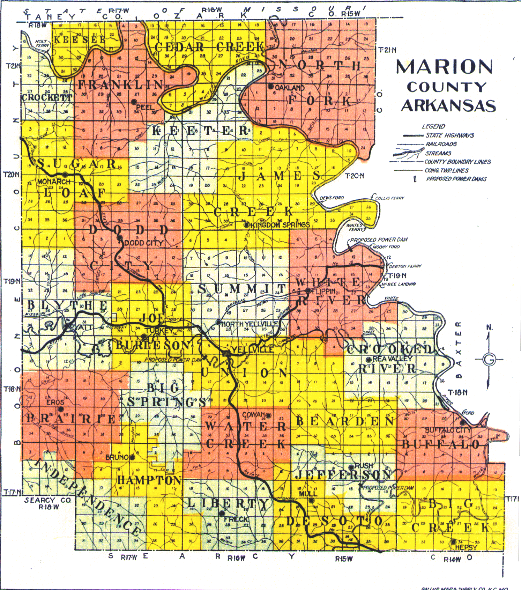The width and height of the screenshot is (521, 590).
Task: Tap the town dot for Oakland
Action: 270,86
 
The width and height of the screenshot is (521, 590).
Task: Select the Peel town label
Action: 144,107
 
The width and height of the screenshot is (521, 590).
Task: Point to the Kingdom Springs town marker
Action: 246,225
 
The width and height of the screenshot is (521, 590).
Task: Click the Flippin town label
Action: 323,291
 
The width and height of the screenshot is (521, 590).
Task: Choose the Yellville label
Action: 253,350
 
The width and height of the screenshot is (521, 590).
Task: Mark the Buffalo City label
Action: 448,430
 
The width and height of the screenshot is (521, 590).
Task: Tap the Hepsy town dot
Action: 453,542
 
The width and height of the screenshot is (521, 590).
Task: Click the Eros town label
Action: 55,402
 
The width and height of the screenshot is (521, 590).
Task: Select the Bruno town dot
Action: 132,457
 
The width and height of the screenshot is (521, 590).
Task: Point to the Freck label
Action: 236,519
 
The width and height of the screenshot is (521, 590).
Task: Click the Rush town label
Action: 364,466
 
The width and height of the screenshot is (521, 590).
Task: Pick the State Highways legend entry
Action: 449,135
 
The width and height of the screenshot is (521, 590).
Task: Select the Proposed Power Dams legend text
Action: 456,179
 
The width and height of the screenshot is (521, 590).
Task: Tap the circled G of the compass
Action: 489,359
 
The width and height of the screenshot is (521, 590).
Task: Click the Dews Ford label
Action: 332,198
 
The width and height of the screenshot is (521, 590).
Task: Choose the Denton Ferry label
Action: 405,266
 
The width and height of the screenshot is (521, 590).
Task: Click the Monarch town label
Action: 54,182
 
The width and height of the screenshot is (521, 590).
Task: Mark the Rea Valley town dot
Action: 368,360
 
